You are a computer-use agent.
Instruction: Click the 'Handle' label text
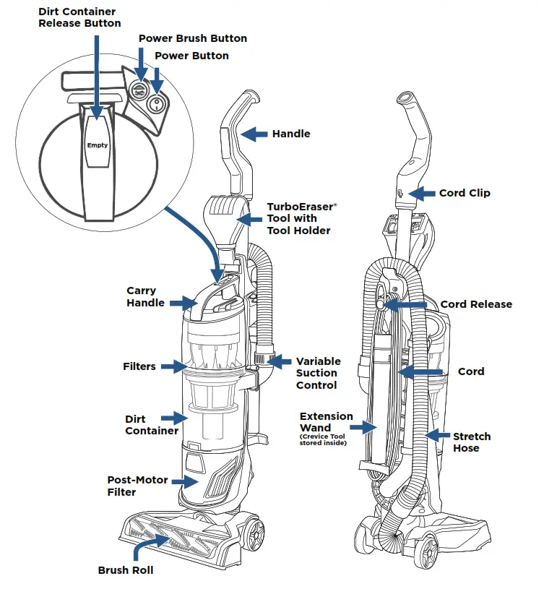tap(290, 134)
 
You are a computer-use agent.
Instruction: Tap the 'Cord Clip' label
tap(465, 193)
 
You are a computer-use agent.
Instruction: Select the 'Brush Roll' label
tap(126, 570)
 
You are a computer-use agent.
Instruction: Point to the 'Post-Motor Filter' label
tap(131, 486)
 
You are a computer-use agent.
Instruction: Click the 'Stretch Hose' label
tap(471, 442)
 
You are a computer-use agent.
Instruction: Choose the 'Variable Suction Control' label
tap(318, 373)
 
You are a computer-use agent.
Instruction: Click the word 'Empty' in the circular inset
tap(98, 145)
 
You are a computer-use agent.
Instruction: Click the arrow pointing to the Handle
tap(254, 134)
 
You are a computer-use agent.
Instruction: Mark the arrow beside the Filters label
tap(174, 366)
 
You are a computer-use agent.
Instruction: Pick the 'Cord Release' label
tap(476, 304)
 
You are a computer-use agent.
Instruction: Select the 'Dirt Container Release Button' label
tap(76, 17)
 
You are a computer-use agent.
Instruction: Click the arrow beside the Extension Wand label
tap(368, 426)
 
